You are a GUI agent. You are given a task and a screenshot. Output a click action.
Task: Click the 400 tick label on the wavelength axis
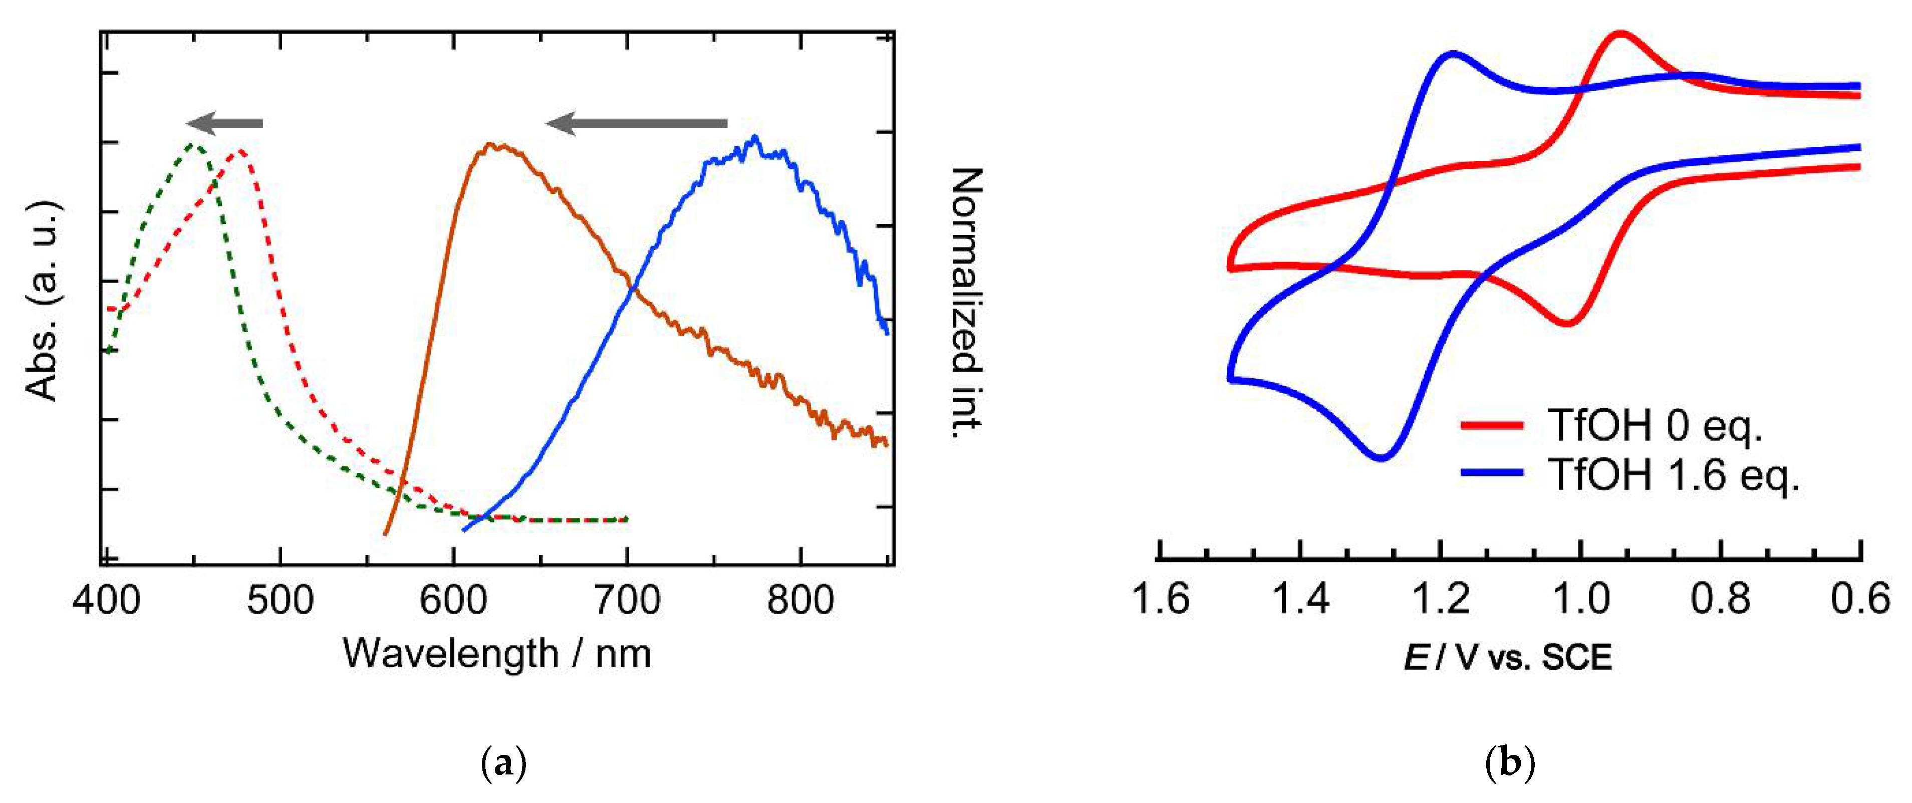tap(106, 600)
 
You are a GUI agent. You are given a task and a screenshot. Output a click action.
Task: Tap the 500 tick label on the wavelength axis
tap(280, 600)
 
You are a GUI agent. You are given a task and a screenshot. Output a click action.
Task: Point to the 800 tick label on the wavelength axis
tap(800, 600)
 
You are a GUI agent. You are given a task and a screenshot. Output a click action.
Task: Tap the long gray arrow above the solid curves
tap(636, 123)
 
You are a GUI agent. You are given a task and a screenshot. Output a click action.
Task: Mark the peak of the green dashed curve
tap(194, 144)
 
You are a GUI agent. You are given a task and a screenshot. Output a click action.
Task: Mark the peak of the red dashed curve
tap(240, 151)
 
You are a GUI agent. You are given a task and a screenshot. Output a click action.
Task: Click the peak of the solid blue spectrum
tap(755, 137)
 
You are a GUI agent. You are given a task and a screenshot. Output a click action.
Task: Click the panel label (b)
tap(1510, 763)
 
